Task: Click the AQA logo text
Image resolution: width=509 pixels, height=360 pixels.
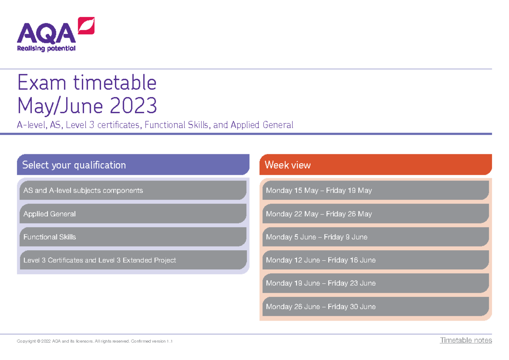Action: [x=46, y=34]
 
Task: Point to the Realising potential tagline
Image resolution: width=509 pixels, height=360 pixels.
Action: [x=46, y=48]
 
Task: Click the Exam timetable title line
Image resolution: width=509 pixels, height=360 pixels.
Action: [x=87, y=83]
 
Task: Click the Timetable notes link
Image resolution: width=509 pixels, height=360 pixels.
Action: [x=466, y=340]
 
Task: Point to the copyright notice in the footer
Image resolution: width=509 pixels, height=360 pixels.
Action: [x=95, y=341]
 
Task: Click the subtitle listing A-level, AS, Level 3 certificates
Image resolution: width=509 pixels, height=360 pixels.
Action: [x=155, y=125]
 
